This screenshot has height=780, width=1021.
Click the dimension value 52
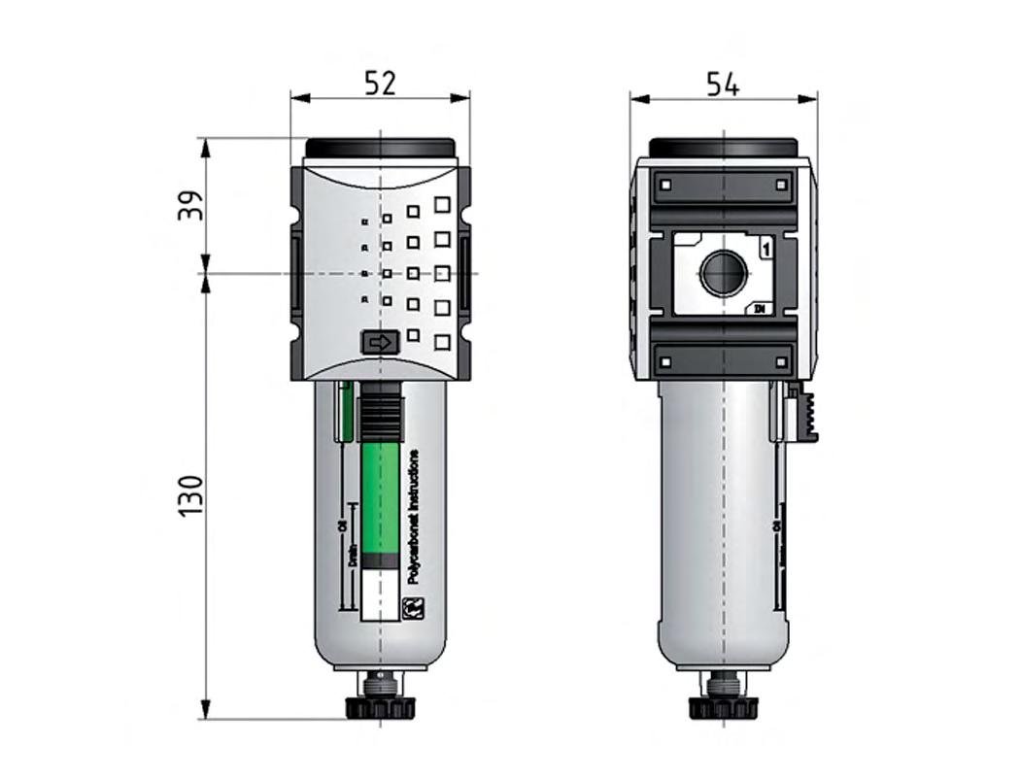[x=380, y=84]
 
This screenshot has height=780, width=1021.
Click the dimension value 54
[x=722, y=85]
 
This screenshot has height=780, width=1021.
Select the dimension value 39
[x=191, y=205]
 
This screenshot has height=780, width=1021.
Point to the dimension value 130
[x=191, y=495]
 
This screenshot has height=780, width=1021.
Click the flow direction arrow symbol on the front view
[x=380, y=342]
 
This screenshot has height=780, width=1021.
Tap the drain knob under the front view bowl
[x=380, y=705]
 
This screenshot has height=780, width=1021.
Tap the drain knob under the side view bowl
[x=723, y=705]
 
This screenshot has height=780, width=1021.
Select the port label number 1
[x=766, y=248]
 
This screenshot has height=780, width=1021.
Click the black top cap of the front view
[x=380, y=148]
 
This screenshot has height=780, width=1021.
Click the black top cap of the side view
[x=723, y=147]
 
